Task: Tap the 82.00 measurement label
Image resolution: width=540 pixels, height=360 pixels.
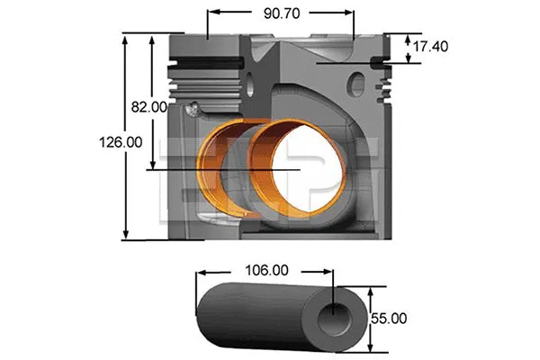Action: pos(148,106)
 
